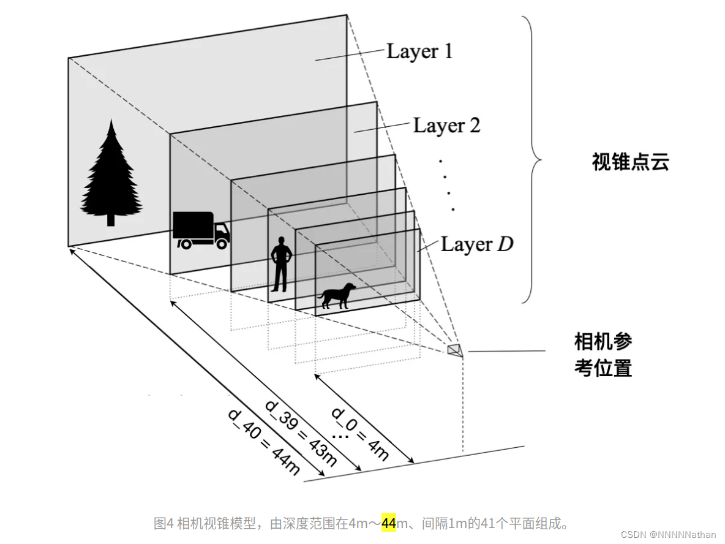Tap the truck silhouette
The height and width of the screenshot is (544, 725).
point(200,230)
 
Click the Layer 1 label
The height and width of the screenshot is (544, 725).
point(419,51)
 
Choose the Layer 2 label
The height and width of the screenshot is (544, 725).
point(446,126)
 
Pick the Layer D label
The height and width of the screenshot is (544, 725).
point(477,244)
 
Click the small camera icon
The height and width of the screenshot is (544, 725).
point(455,349)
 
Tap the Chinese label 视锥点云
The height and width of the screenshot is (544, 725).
point(631,162)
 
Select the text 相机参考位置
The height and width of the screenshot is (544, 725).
point(603,355)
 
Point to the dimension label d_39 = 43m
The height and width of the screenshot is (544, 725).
point(301,433)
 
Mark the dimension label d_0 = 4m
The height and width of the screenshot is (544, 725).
point(360,433)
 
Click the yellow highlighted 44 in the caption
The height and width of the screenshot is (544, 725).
point(389,523)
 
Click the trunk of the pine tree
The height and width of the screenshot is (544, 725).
point(111,219)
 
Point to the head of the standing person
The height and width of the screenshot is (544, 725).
point(281,241)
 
